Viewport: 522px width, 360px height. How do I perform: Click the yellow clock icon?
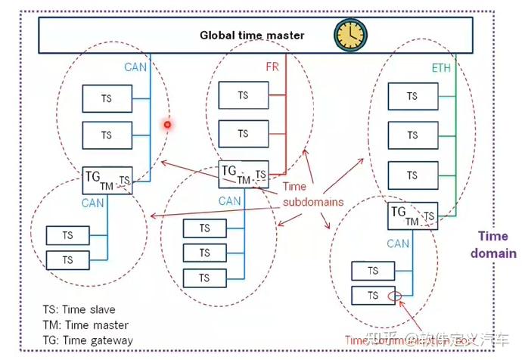pos(350,33)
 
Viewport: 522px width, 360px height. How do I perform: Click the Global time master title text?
pos(252,35)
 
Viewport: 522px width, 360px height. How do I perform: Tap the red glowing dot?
pos(168,125)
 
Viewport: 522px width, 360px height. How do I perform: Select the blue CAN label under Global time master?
pos(135,67)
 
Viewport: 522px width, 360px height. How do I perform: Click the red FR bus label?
pos(272,67)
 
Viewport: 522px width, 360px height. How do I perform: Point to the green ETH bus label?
pos(442,68)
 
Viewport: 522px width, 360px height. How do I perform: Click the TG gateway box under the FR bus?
pos(243,174)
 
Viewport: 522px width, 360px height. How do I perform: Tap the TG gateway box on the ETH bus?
pos(412,216)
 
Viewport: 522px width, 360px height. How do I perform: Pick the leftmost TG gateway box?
pos(107,179)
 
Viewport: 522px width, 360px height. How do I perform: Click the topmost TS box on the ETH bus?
pos(412,97)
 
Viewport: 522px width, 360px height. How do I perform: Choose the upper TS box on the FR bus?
pos(243,95)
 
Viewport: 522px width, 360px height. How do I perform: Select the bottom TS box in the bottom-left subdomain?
pos(68,260)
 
